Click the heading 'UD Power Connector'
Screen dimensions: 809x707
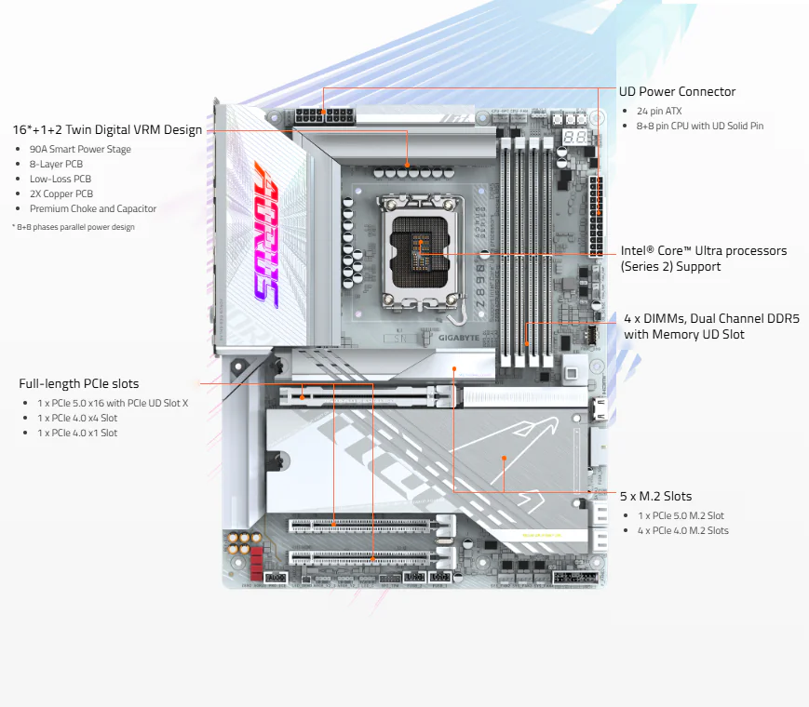point(677,92)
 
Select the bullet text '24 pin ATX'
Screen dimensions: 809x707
point(659,111)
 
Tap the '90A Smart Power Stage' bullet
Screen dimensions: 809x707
point(80,149)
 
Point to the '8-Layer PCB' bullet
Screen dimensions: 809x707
point(56,164)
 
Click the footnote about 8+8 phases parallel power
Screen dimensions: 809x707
point(74,227)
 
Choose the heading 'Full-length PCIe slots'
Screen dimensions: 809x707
point(79,383)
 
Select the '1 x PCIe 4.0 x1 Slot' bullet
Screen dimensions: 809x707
point(77,433)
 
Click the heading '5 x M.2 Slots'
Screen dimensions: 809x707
point(655,496)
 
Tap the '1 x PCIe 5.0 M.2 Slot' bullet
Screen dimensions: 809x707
point(681,515)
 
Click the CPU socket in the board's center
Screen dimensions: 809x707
point(420,253)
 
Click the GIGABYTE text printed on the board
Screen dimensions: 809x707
point(459,338)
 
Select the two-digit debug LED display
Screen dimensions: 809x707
point(574,138)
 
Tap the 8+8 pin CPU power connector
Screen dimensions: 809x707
point(325,116)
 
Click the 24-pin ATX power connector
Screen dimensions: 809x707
point(596,215)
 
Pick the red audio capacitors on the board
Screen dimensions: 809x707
point(256,563)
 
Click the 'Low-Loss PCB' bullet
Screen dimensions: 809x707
point(61,179)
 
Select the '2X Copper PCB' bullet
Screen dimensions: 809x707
point(61,193)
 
